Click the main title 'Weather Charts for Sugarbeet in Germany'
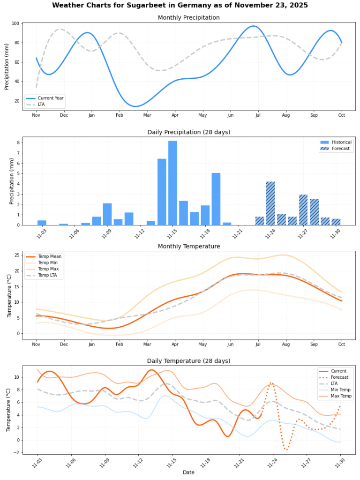point(180,6)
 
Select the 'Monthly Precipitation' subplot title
point(188,18)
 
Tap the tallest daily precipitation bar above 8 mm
point(172,183)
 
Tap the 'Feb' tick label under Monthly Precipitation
point(120,115)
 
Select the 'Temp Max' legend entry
point(48,269)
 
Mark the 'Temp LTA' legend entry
point(48,275)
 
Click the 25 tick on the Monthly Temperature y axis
point(17,255)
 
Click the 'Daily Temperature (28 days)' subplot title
point(188,361)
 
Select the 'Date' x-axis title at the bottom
point(188,472)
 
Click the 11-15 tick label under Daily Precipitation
point(172,233)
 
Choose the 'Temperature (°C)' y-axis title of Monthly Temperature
point(9,295)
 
